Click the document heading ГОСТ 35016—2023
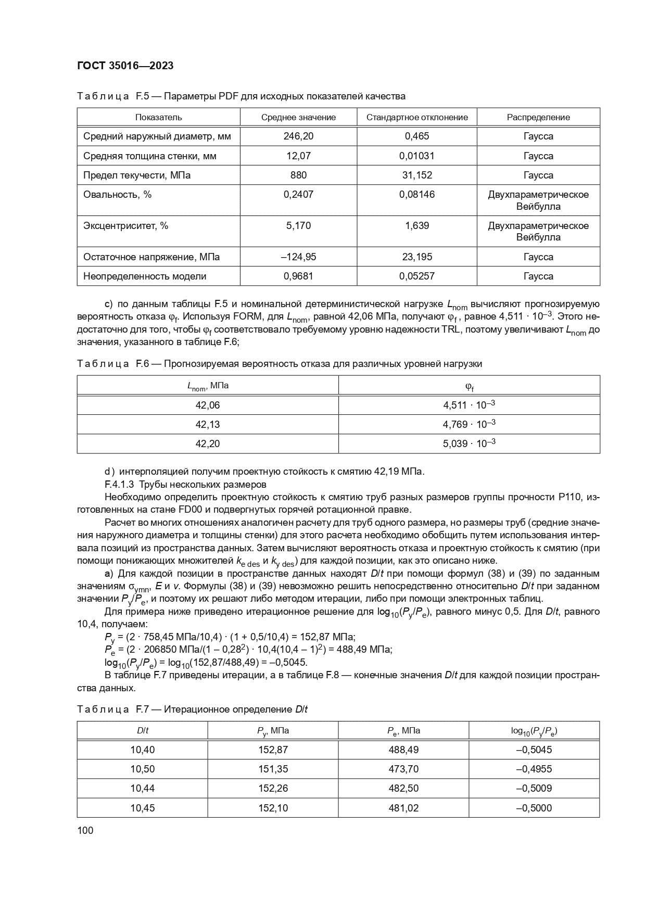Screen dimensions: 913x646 tap(125, 66)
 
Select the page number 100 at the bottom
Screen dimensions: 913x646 tap(85, 830)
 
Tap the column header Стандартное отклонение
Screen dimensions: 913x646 tap(417, 117)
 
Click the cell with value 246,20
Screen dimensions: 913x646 tap(298, 136)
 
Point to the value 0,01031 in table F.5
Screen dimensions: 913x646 tap(417, 156)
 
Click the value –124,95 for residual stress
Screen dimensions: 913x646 tap(298, 257)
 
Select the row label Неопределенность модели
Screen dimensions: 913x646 tap(145, 276)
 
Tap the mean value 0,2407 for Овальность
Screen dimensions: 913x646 tap(298, 195)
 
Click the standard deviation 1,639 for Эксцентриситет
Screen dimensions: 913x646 tap(417, 226)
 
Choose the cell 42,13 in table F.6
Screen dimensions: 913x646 tap(208, 424)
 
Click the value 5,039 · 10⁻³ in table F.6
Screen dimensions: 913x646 tap(469, 443)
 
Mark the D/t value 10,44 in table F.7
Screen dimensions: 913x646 tap(142, 789)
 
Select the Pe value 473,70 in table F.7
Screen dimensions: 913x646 tap(403, 769)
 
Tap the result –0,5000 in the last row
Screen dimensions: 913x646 tap(534, 808)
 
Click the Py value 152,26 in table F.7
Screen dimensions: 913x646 tap(273, 789)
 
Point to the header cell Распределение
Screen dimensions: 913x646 tap(538, 117)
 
